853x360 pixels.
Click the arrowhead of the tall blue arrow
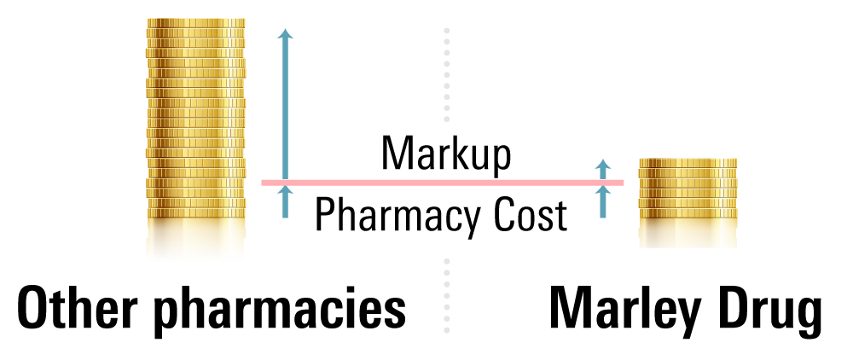point(285,33)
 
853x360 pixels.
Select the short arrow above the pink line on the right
point(603,168)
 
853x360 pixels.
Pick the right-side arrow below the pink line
point(603,203)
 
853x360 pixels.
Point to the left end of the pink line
point(263,183)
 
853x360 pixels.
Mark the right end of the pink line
point(623,183)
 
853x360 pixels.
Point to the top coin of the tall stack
point(196,23)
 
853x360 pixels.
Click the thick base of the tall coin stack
point(196,239)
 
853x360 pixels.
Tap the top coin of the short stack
point(688,163)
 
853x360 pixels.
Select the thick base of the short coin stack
point(688,233)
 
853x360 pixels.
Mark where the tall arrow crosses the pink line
point(285,183)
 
